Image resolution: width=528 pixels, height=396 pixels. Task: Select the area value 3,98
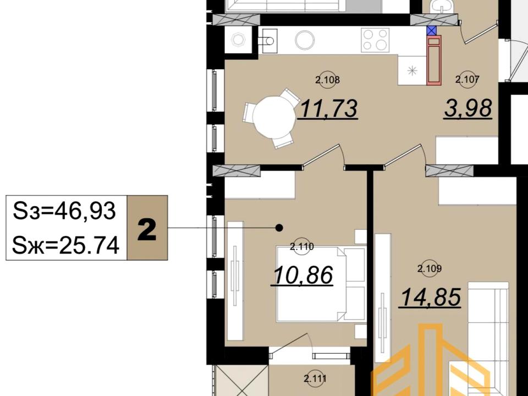pyautogui.click(x=469, y=108)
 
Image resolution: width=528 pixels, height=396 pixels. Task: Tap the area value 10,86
pyautogui.click(x=302, y=275)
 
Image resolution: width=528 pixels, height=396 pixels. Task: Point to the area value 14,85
pyautogui.click(x=430, y=297)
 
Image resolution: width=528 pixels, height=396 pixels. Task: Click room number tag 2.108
pyautogui.click(x=328, y=80)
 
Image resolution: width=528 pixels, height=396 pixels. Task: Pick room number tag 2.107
pyautogui.click(x=467, y=80)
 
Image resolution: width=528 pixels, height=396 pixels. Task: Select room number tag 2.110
pyautogui.click(x=302, y=247)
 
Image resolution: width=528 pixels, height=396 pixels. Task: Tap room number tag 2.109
pyautogui.click(x=430, y=269)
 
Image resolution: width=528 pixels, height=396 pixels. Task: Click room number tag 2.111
pyautogui.click(x=315, y=379)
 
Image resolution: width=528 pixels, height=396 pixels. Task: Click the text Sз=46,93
pyautogui.click(x=64, y=211)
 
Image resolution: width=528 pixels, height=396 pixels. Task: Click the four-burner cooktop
pyautogui.click(x=375, y=40)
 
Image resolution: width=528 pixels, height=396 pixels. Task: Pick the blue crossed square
pyautogui.click(x=432, y=31)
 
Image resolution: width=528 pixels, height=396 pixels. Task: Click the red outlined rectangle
pyautogui.click(x=434, y=61)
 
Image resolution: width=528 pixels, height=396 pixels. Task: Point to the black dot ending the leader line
pyautogui.click(x=279, y=228)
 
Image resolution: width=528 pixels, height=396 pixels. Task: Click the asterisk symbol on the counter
pyautogui.click(x=412, y=71)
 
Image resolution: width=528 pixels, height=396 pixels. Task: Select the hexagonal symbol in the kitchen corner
pyautogui.click(x=238, y=40)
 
